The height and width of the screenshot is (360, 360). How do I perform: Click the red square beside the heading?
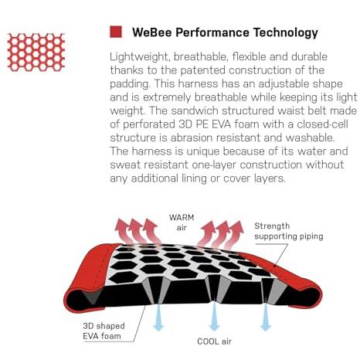pyautogui.click(x=116, y=32)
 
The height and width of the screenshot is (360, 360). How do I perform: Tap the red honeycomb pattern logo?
pyautogui.click(x=36, y=52)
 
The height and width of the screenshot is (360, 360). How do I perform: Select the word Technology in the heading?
pyautogui.click(x=286, y=33)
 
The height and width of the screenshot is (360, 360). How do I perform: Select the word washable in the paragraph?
pyautogui.click(x=310, y=138)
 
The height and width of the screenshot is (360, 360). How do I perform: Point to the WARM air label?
pyautogui.click(x=182, y=222)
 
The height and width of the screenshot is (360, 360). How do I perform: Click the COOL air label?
pyautogui.click(x=214, y=341)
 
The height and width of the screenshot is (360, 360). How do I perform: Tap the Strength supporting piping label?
pyautogui.click(x=289, y=231)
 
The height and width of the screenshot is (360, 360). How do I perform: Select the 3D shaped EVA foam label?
pyautogui.click(x=104, y=331)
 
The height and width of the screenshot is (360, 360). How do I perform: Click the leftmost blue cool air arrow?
pyautogui.click(x=158, y=318)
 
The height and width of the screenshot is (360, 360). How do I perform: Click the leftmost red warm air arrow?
pyautogui.click(x=123, y=231)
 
